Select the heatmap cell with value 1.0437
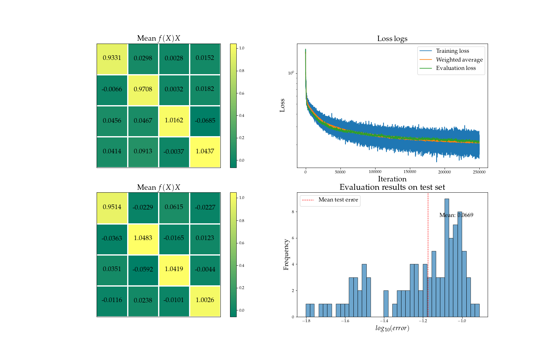click(x=205, y=152)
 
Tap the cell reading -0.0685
click(x=205, y=121)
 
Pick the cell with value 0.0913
click(x=143, y=152)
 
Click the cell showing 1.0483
click(x=143, y=238)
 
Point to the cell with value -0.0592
click(x=143, y=269)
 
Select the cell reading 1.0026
click(x=205, y=300)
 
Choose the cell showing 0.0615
click(x=174, y=207)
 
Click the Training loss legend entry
click(x=452, y=51)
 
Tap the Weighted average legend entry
click(x=459, y=60)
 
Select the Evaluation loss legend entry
click(x=455, y=68)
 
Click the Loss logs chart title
click(x=392, y=39)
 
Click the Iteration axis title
click(x=392, y=179)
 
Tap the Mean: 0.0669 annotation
click(x=456, y=215)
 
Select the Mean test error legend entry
click(x=338, y=200)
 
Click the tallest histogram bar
click(x=447, y=258)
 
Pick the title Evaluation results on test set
click(x=392, y=187)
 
